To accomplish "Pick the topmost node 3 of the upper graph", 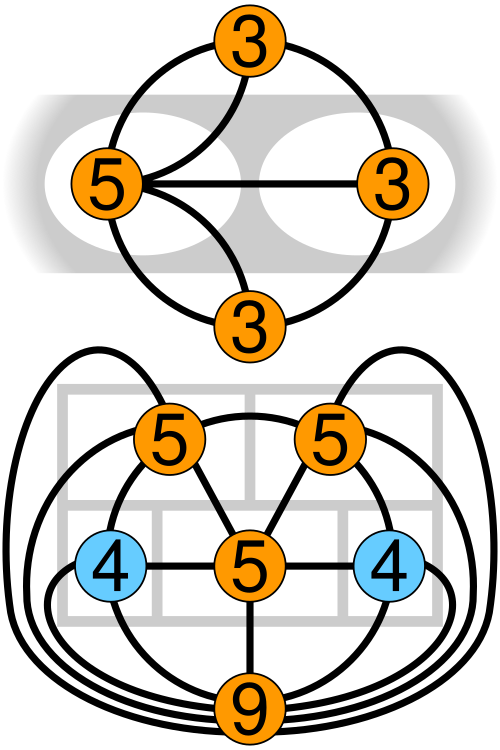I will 250,45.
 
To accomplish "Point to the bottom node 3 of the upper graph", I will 250,323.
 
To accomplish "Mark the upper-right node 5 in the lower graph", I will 331,441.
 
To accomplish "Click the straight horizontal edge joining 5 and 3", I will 250,184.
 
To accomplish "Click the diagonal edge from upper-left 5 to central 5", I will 210,505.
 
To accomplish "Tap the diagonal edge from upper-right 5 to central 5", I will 291,505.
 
